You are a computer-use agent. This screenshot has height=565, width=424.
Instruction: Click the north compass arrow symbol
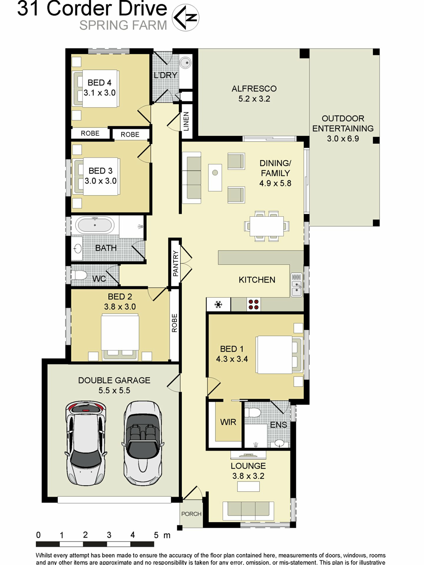185,17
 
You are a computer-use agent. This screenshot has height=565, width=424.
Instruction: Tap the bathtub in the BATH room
95,225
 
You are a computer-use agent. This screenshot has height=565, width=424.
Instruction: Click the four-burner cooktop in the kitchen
254,304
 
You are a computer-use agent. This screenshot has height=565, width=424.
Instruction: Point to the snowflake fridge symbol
218,304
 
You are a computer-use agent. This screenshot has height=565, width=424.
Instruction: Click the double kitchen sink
296,285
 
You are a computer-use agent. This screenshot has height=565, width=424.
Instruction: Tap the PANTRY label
176,263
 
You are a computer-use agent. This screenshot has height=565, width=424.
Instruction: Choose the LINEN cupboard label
186,121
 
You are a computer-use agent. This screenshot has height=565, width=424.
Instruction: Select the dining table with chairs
267,226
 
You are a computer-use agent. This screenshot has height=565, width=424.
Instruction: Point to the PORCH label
191,514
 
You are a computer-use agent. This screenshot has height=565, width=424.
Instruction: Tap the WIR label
228,422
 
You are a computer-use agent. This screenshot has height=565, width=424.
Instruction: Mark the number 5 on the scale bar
156,535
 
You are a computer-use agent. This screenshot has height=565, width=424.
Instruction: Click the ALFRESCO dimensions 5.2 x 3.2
254,99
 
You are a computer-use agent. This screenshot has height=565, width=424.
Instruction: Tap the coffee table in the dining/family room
215,177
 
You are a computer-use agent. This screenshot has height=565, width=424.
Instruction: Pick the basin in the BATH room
77,248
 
